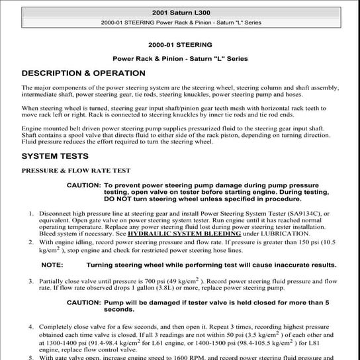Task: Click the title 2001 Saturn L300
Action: tap(180, 12)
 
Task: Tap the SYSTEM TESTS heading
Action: tap(54, 156)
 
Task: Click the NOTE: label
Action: tap(52, 265)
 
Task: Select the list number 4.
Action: tap(31, 327)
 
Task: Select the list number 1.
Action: tap(31, 214)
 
